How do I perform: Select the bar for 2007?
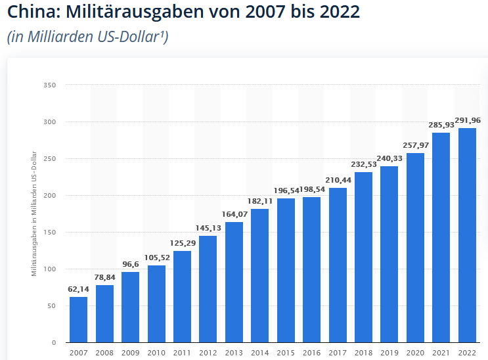tap(79, 319)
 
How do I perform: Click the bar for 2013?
tap(234, 282)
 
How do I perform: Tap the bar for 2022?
tap(467, 235)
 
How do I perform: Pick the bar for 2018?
tap(364, 257)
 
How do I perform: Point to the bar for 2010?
tap(156, 304)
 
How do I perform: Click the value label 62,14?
tap(79, 289)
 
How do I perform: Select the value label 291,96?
tap(467, 120)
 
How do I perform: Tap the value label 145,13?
tap(208, 228)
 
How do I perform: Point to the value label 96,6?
tap(131, 264)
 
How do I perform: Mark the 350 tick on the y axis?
tap(50, 85)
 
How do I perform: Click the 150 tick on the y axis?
tap(50, 233)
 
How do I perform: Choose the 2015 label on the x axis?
tap(286, 353)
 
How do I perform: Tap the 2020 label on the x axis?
tap(415, 353)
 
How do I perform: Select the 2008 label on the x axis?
tap(104, 353)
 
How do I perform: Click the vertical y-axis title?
tap(33, 214)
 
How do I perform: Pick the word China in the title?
tap(28, 12)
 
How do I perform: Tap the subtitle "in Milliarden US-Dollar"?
tap(87, 37)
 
